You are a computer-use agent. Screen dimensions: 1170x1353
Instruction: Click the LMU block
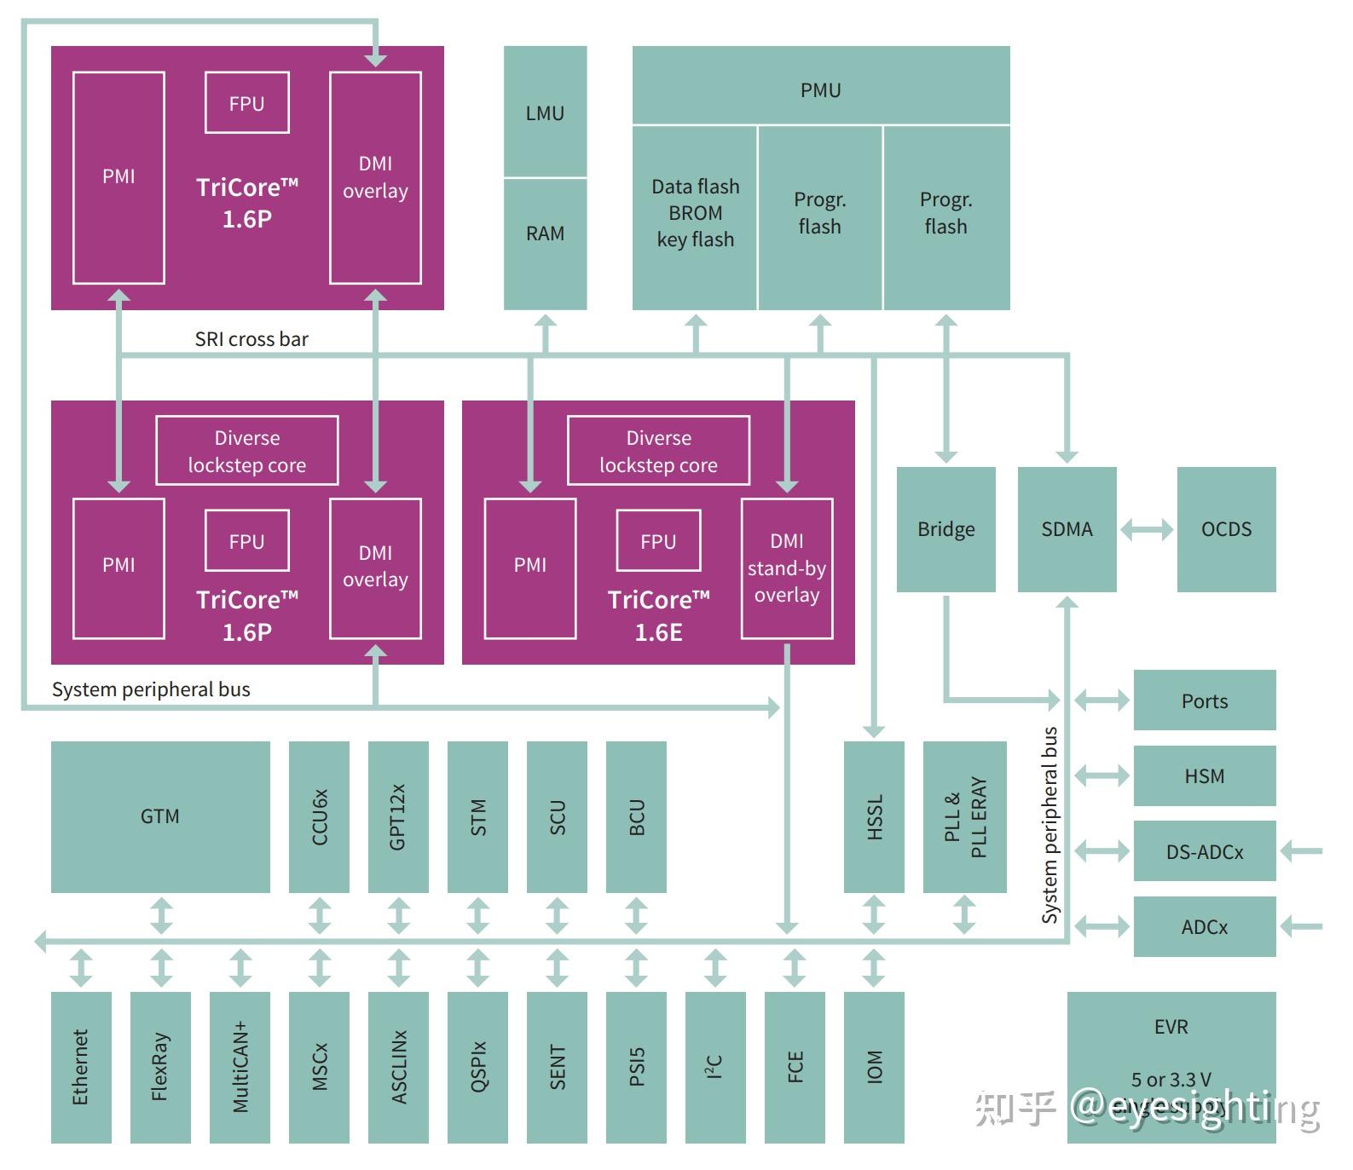pos(545,112)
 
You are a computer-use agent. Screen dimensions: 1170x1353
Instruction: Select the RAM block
pos(545,243)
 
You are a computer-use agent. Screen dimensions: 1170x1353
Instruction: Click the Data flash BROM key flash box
pos(695,217)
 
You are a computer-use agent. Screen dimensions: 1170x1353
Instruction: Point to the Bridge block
pos(945,529)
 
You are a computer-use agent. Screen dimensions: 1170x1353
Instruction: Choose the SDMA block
pos(1067,529)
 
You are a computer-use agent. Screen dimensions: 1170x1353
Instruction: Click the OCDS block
pos(1226,529)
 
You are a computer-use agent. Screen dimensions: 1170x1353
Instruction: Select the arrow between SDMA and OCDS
pos(1147,530)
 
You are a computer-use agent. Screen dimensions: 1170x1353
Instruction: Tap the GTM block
pos(160,816)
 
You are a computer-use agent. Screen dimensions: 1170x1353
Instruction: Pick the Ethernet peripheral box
pos(81,1067)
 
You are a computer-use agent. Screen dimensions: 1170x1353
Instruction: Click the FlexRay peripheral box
pos(160,1067)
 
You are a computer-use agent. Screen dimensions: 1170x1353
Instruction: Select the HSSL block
pos(874,816)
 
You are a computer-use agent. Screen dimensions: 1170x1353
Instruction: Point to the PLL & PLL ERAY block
pos(964,816)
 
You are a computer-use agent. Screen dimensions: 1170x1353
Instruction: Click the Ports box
pos(1204,700)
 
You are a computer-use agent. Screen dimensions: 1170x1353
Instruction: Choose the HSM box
pos(1204,775)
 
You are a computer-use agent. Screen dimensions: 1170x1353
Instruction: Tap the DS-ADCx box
pos(1204,851)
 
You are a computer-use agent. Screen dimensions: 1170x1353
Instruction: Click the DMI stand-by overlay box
pos(786,568)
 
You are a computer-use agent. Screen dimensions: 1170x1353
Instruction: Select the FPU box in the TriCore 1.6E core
pos(658,540)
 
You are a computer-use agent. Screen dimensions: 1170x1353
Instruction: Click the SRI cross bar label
pos(252,339)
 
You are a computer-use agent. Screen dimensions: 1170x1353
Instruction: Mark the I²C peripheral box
pos(715,1067)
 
